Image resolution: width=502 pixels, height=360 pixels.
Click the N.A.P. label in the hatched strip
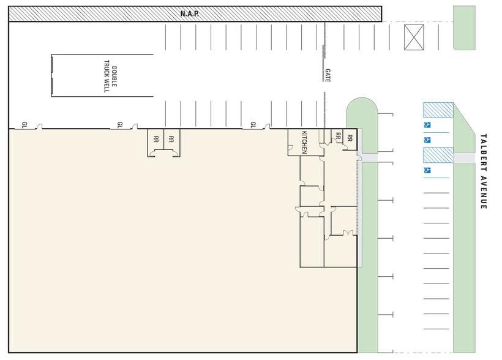click(x=190, y=13)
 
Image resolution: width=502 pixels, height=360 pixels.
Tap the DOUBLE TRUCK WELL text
click(x=110, y=77)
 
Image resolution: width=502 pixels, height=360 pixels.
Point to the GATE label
click(x=328, y=75)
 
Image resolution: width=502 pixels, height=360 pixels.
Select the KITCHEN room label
click(x=304, y=142)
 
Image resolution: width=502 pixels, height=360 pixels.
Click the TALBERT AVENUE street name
click(x=484, y=171)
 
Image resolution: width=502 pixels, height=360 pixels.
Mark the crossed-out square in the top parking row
click(x=414, y=37)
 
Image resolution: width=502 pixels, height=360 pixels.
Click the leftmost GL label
click(x=24, y=124)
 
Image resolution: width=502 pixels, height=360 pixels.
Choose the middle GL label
click(x=120, y=124)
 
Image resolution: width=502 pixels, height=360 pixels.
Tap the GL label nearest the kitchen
click(x=253, y=124)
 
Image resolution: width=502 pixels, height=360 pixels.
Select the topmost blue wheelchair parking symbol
click(x=427, y=125)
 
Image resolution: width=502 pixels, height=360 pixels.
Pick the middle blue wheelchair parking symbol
click(x=427, y=140)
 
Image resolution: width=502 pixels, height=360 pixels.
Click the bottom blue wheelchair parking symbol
click(x=427, y=170)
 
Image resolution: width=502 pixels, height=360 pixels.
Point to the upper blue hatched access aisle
click(x=438, y=110)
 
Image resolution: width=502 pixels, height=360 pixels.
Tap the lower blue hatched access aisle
click(x=438, y=155)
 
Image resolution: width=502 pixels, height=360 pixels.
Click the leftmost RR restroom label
click(x=156, y=140)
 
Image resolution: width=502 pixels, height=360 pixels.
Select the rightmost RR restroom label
click(x=350, y=138)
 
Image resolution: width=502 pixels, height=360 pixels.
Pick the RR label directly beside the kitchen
click(x=338, y=136)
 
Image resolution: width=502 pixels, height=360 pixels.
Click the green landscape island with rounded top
click(x=362, y=125)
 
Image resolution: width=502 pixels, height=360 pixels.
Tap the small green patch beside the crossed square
click(x=464, y=28)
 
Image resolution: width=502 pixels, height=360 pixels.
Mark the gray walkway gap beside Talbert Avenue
click(x=464, y=158)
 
